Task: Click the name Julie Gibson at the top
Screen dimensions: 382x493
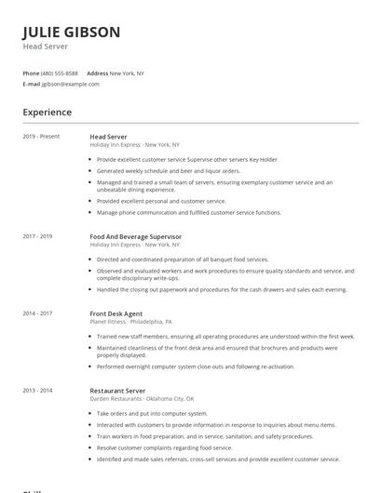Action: tap(72, 32)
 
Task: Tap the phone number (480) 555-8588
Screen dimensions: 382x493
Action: tap(61, 73)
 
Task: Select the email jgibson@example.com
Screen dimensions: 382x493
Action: tap(70, 84)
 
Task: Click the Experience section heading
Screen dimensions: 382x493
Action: tap(48, 113)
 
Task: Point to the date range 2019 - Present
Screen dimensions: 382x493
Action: tap(41, 137)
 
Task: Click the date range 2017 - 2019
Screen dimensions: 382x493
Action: tap(37, 237)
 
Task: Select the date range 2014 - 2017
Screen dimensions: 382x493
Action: tap(37, 314)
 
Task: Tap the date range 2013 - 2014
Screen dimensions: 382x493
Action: tap(37, 391)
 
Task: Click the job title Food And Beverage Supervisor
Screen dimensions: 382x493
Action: tap(136, 237)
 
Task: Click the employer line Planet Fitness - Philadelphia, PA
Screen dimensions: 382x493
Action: tap(131, 322)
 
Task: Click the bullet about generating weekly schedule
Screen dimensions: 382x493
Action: tap(169, 171)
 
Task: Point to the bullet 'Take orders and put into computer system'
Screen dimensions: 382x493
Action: tap(152, 413)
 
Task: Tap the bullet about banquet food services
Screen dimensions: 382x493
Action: tap(183, 260)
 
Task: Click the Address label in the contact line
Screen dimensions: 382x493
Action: tap(97, 73)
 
